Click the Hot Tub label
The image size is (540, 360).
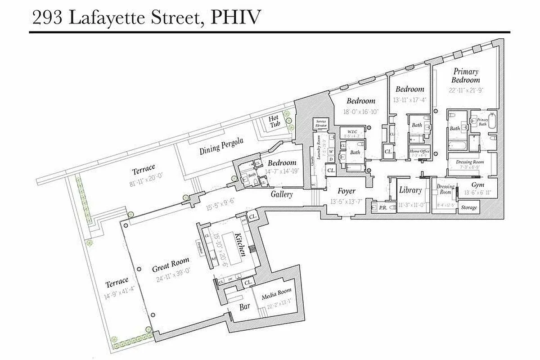pyautogui.click(x=274, y=122)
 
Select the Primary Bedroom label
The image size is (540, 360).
pyautogui.click(x=466, y=76)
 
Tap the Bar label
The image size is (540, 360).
pyautogui.click(x=244, y=307)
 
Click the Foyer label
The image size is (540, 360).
pyautogui.click(x=347, y=191)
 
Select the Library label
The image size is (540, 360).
pyautogui.click(x=410, y=190)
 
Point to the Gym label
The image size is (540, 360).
pyautogui.click(x=477, y=185)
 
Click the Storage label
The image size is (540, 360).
pyautogui.click(x=468, y=207)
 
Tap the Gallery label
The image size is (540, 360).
pyautogui.click(x=282, y=194)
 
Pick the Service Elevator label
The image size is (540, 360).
pyautogui.click(x=321, y=123)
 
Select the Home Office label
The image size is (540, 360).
pyautogui.click(x=419, y=151)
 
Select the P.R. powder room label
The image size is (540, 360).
pyautogui.click(x=383, y=207)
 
